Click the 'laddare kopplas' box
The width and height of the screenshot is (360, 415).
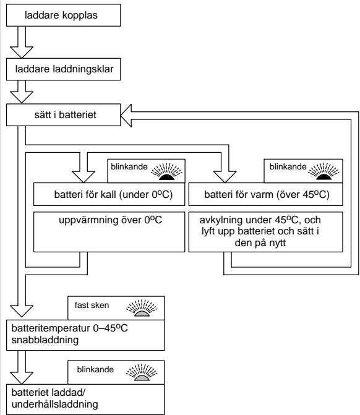tap(64, 15)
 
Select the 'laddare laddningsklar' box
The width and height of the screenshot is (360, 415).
tap(64, 69)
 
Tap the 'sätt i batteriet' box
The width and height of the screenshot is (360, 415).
tap(64, 115)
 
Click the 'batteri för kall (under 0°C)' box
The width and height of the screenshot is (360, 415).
tap(109, 194)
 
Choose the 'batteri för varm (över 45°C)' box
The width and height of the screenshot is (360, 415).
tap(265, 194)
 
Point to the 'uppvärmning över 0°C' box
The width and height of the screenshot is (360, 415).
tap(109, 232)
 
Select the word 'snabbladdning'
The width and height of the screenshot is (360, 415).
tap(45, 340)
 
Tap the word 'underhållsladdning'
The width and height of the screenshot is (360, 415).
tap(55, 404)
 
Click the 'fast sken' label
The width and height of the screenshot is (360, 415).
tap(92, 305)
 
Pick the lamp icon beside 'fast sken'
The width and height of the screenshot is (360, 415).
tap(142, 308)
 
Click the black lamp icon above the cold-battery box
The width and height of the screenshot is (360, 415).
tap(166, 171)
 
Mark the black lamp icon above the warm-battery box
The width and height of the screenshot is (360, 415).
tap(324, 171)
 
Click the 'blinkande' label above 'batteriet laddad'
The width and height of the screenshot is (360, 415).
tap(95, 369)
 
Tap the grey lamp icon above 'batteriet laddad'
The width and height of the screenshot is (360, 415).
tap(142, 372)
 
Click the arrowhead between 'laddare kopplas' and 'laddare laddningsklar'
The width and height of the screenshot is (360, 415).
tap(22, 52)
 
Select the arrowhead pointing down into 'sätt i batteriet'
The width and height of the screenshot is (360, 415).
tap(22, 97)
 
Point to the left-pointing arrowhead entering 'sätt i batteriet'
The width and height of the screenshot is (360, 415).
tap(126, 116)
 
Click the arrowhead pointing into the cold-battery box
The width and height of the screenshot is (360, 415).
tap(84, 177)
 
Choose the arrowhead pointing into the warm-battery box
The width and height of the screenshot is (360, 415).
tap(225, 177)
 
